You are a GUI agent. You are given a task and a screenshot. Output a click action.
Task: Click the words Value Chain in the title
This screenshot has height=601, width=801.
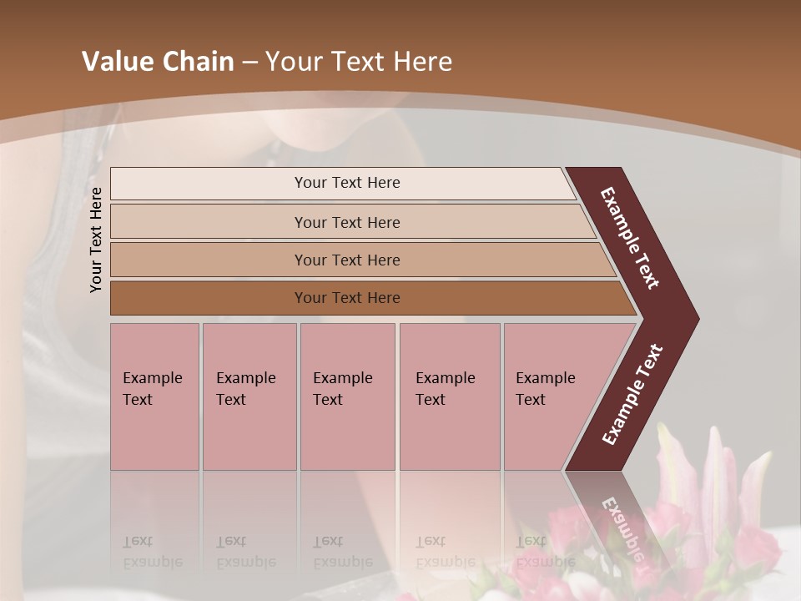click(x=158, y=62)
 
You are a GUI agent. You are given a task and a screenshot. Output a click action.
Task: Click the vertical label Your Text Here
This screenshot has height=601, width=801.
click(x=96, y=240)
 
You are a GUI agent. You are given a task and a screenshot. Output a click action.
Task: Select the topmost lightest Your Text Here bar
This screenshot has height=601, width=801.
click(x=347, y=183)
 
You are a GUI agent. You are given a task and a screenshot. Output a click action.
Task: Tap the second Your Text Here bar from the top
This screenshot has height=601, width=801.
click(x=347, y=222)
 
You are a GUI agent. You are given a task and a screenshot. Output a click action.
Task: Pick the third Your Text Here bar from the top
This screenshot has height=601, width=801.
click(x=347, y=260)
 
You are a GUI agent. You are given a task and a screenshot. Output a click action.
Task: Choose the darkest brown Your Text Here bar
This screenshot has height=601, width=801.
click(x=347, y=298)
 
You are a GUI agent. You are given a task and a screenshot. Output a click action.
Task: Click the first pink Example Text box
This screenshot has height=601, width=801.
click(x=154, y=396)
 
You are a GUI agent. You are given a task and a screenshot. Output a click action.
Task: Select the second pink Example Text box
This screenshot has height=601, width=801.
click(x=249, y=396)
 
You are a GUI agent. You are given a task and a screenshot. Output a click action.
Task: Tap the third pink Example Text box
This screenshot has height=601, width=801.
click(x=347, y=396)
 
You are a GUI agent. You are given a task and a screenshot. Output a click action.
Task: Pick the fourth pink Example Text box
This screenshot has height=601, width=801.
click(x=450, y=396)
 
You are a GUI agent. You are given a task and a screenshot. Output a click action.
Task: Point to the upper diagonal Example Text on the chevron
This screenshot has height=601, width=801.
click(x=631, y=238)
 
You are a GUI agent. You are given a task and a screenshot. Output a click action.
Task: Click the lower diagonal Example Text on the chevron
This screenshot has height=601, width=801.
click(x=632, y=394)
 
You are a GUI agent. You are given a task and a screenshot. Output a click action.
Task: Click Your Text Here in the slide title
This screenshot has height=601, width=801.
click(x=359, y=62)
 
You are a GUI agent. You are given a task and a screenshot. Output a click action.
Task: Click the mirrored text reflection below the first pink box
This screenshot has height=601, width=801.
click(x=152, y=552)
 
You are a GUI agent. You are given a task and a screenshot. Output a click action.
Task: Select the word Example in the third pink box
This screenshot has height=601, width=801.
click(x=342, y=378)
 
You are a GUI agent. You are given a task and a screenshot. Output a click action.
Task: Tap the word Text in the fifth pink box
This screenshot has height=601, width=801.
click(x=531, y=400)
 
